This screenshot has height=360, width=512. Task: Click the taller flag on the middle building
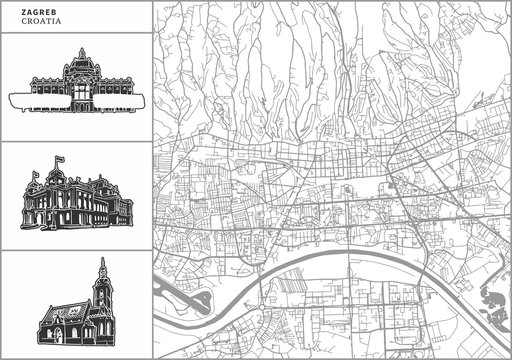click(58, 160)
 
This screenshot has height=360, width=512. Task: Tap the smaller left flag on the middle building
click(35, 173)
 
